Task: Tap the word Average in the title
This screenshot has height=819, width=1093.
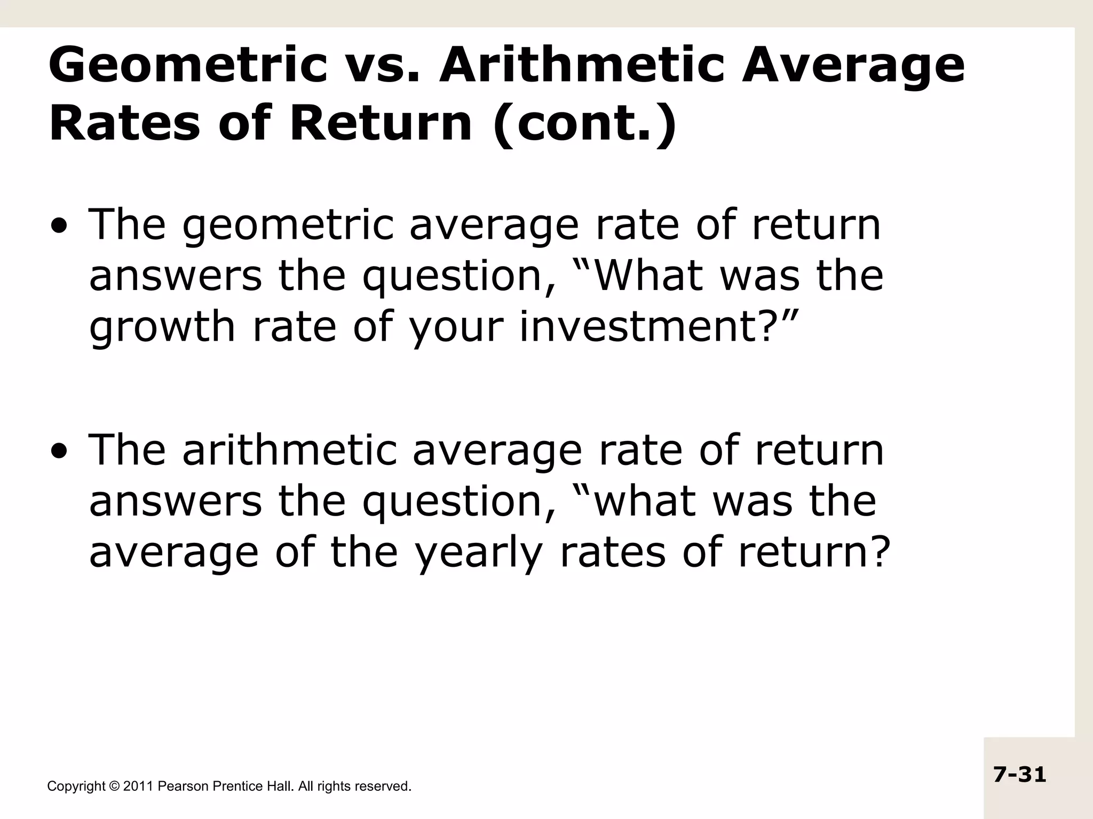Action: pyautogui.click(x=853, y=67)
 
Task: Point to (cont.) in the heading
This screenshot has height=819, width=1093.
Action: pyautogui.click(x=585, y=124)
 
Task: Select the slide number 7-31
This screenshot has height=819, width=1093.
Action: pyautogui.click(x=1020, y=774)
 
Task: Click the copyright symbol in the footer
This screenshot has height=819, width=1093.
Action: pyautogui.click(x=115, y=786)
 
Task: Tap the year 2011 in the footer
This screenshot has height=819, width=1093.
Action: pyautogui.click(x=138, y=786)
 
